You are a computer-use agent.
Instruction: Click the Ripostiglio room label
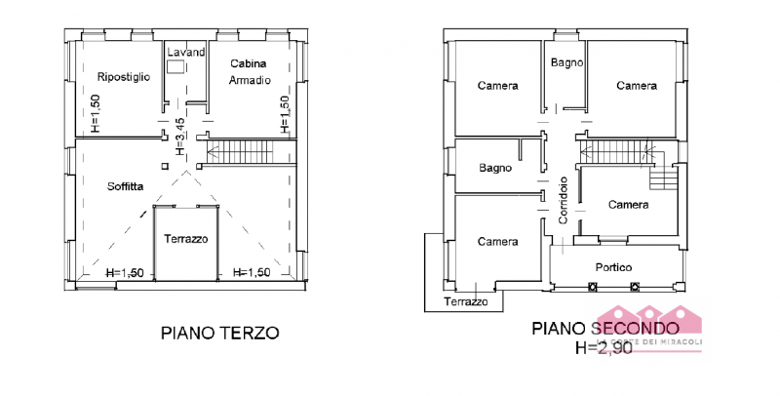click(123, 77)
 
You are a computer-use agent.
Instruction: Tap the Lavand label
click(186, 52)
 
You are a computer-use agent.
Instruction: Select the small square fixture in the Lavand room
click(176, 67)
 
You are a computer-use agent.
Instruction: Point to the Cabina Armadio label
click(249, 71)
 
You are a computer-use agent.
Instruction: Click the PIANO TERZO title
click(219, 333)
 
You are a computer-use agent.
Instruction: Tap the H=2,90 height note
click(604, 347)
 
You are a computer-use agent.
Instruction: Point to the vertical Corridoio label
click(563, 201)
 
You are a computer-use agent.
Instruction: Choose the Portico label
click(614, 267)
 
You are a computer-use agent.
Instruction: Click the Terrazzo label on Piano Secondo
click(466, 302)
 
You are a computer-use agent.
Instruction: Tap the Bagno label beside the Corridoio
click(495, 168)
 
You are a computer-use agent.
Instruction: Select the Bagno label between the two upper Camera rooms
click(566, 62)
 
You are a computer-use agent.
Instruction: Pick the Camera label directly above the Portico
click(628, 205)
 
